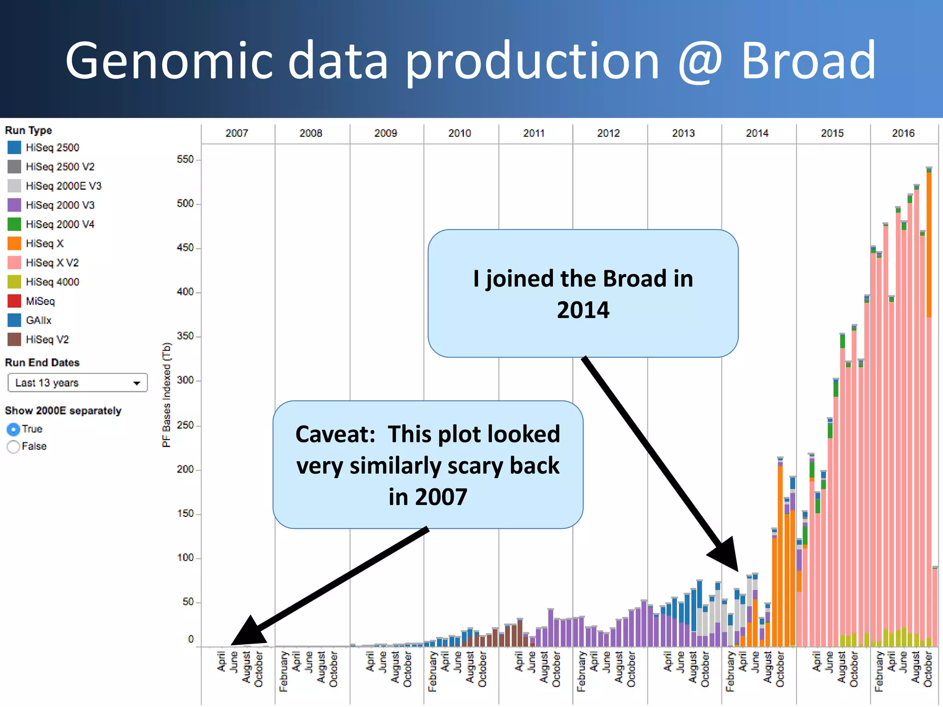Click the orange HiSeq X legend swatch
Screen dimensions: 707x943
(x=14, y=243)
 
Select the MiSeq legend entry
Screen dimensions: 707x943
(x=40, y=301)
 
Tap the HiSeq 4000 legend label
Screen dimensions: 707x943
(x=52, y=282)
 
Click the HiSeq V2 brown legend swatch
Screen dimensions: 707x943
(x=14, y=339)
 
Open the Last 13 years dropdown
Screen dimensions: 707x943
(x=77, y=382)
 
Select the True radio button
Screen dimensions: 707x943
(x=13, y=429)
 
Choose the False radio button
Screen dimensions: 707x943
(x=13, y=446)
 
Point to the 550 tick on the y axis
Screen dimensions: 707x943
(x=185, y=159)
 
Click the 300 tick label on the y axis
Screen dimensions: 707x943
(x=185, y=380)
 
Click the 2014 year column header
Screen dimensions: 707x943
(x=757, y=133)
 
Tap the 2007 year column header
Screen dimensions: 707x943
(x=237, y=133)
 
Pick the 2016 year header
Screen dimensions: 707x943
(x=903, y=133)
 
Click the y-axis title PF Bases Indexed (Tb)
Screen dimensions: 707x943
(x=166, y=394)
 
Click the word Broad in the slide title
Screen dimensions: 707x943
(x=808, y=61)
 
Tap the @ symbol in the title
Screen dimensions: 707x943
(x=700, y=62)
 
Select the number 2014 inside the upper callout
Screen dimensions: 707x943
(x=583, y=310)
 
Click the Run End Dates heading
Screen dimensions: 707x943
(x=42, y=363)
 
